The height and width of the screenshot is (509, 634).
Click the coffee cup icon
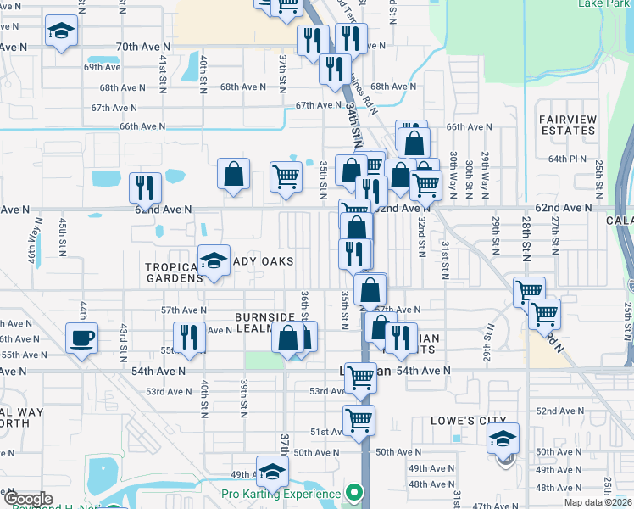click(x=81, y=338)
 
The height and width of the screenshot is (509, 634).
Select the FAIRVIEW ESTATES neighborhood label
click(x=567, y=125)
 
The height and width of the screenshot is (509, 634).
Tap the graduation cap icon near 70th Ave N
click(x=60, y=31)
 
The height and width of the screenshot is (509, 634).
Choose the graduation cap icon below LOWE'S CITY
click(x=503, y=439)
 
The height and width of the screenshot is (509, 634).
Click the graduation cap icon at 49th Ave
click(x=272, y=471)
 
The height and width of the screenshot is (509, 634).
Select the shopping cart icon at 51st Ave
click(x=359, y=418)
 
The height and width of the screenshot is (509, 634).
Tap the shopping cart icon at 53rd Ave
click(x=360, y=377)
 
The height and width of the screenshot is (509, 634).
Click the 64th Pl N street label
click(x=568, y=159)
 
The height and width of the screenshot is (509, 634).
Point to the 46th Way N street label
click(x=31, y=252)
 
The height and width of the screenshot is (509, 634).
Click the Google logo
click(x=28, y=500)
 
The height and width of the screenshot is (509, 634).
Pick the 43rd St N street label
click(x=124, y=337)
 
